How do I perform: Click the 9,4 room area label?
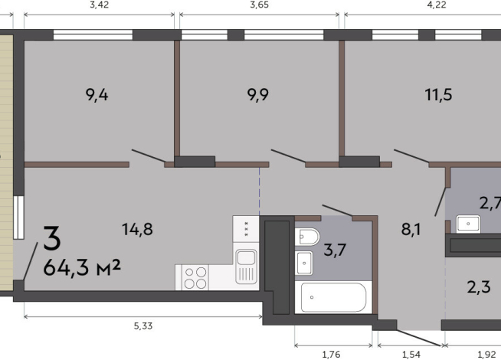tap(97, 95)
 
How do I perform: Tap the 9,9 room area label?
tap(258, 95)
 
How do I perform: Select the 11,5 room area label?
tap(438, 95)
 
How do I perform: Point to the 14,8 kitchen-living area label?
tap(137, 229)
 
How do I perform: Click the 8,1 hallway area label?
tap(411, 229)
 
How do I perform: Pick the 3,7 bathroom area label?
tap(335, 250)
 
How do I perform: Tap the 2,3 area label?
tap(479, 287)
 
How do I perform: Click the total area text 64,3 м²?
tap(82, 267)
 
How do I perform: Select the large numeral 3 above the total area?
tap(52, 238)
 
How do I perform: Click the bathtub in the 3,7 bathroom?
tap(333, 297)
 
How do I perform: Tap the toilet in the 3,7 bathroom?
tap(307, 237)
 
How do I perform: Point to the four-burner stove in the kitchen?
tap(195, 277)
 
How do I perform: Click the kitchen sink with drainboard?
tap(246, 267)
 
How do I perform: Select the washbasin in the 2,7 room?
tap(468, 224)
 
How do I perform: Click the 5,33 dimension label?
tap(142, 326)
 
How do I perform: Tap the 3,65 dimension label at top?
tap(259, 5)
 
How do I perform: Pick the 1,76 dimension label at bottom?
tap(332, 354)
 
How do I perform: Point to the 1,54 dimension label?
tap(411, 354)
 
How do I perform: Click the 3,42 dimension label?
tap(100, 5)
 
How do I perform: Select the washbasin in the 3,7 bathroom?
tap(304, 263)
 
